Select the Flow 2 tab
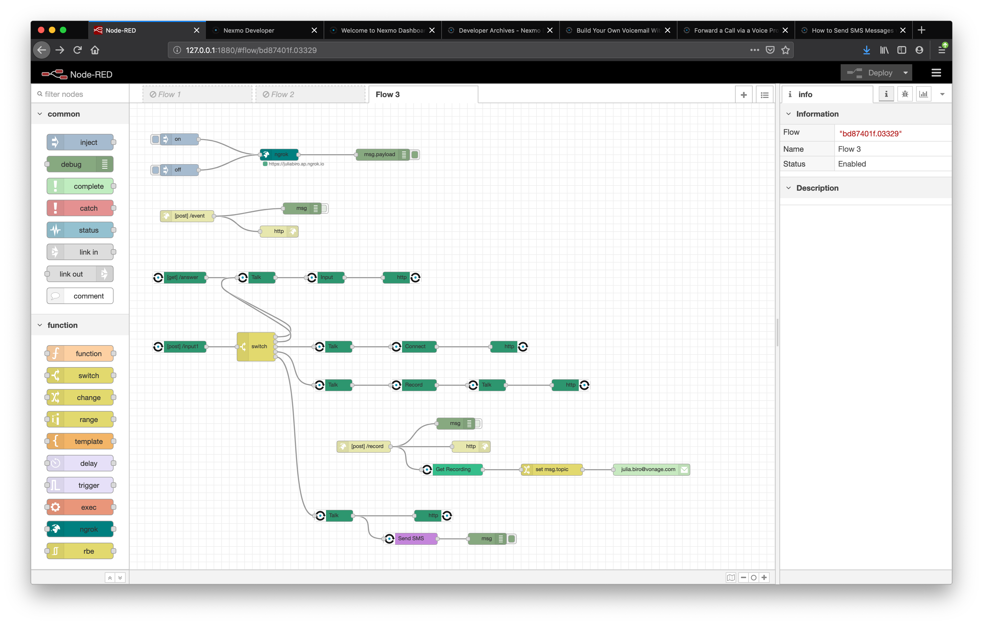click(x=310, y=94)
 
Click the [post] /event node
click(x=187, y=216)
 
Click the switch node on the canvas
click(x=256, y=347)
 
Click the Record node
click(x=414, y=385)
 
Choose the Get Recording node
click(x=452, y=469)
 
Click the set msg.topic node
click(x=552, y=469)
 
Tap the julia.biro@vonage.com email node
click(x=651, y=469)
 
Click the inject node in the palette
click(x=80, y=142)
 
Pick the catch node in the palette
click(x=80, y=208)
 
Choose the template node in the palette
click(x=80, y=441)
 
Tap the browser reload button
click(x=77, y=50)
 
